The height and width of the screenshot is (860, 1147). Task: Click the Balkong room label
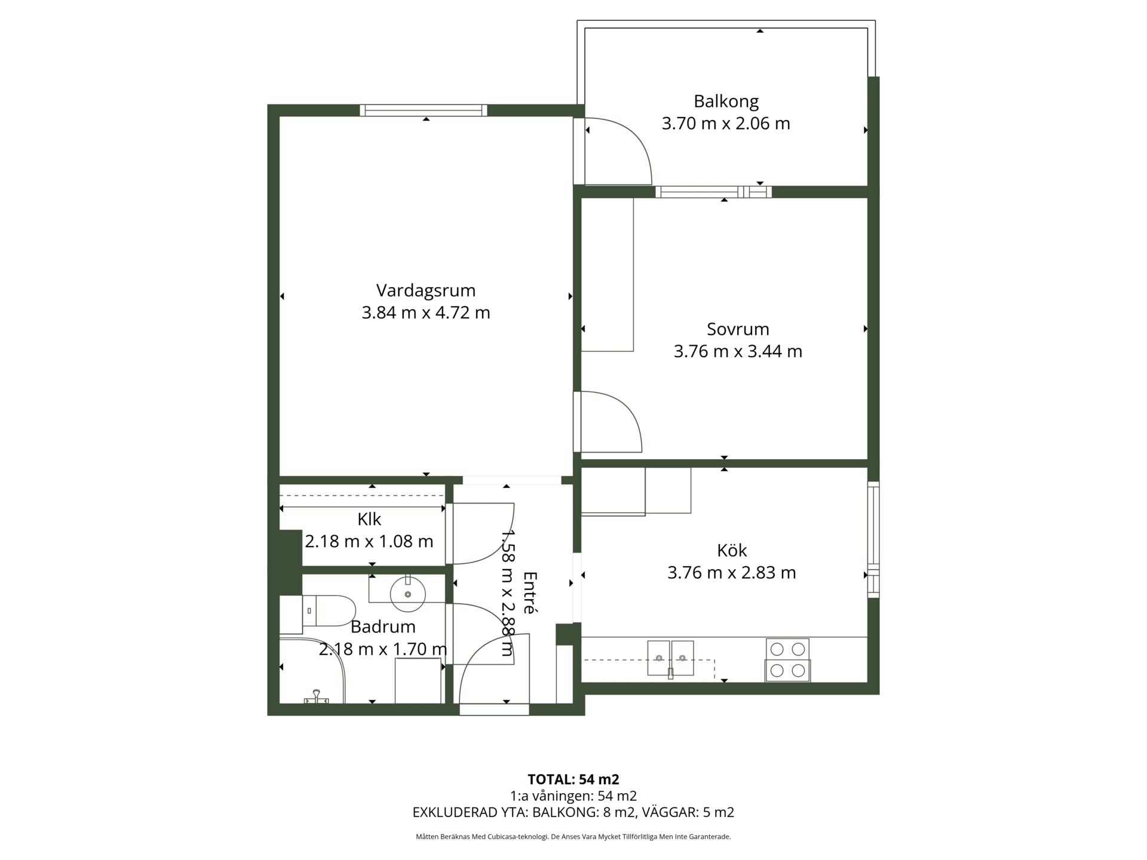[x=726, y=102]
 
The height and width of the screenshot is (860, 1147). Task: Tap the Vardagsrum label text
[x=426, y=291]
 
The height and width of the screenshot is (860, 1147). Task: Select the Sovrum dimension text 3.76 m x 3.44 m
[x=738, y=351]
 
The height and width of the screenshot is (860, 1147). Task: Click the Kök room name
[x=732, y=550]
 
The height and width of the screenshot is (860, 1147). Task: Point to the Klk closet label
[x=369, y=519]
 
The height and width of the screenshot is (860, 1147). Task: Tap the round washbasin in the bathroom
[x=407, y=594]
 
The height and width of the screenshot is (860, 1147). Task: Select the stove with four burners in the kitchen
[x=787, y=660]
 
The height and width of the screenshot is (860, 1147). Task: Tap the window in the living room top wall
[x=424, y=110]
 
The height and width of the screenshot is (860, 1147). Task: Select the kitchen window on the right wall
[x=873, y=539]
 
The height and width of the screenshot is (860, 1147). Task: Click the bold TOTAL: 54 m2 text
[x=573, y=779]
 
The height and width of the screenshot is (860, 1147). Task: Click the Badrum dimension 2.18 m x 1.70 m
[x=383, y=649]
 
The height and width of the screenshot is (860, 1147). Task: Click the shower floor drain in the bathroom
[x=316, y=697]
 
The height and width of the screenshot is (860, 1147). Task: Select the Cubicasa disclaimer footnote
[x=573, y=837]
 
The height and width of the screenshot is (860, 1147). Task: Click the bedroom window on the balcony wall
[x=713, y=192]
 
